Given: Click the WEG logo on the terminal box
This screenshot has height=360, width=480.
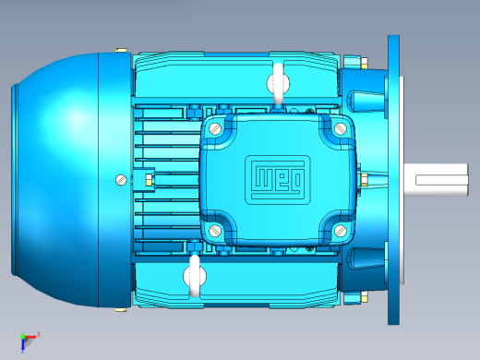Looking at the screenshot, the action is (278, 180).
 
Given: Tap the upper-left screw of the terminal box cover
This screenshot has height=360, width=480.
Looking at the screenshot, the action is (215, 128).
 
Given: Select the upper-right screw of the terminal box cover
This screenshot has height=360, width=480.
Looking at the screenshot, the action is (341, 128).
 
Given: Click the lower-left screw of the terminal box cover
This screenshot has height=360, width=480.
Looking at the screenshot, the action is (215, 230).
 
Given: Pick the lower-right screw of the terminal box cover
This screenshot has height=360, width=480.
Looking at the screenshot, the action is (341, 231).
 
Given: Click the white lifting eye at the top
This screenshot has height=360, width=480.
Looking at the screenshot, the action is (278, 83).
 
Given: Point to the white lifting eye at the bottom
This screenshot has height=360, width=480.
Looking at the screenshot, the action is (195, 276).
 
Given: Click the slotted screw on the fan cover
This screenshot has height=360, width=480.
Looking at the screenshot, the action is (121, 180).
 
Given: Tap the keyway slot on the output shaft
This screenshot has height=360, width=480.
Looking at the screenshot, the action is (441, 180).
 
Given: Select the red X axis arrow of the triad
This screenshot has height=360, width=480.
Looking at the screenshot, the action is (30, 337).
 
